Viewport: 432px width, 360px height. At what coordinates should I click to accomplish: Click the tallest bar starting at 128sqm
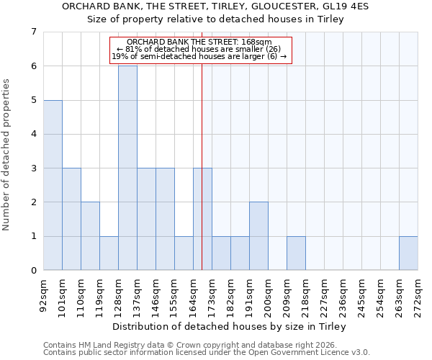127,168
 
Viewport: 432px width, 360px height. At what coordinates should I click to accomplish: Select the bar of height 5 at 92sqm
53,185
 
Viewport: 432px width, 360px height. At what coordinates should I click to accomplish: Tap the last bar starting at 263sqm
408,253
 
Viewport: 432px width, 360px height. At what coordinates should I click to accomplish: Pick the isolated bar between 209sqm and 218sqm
296,253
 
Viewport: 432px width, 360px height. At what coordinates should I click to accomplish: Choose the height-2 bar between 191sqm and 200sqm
258,236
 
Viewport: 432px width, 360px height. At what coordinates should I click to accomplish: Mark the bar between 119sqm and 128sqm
109,253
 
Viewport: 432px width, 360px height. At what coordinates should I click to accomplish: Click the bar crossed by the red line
202,219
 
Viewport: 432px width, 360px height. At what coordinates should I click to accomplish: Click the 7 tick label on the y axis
33,32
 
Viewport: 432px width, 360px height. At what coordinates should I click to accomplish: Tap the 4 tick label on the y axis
33,134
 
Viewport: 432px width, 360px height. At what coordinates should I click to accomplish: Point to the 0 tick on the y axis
33,271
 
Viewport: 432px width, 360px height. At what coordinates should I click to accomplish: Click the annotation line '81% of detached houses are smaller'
202,49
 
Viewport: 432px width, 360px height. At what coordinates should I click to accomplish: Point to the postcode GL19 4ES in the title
345,6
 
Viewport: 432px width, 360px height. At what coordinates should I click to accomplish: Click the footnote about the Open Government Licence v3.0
207,353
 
